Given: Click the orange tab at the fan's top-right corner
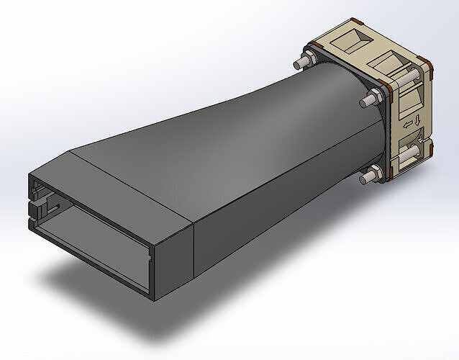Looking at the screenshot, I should (425, 70).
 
